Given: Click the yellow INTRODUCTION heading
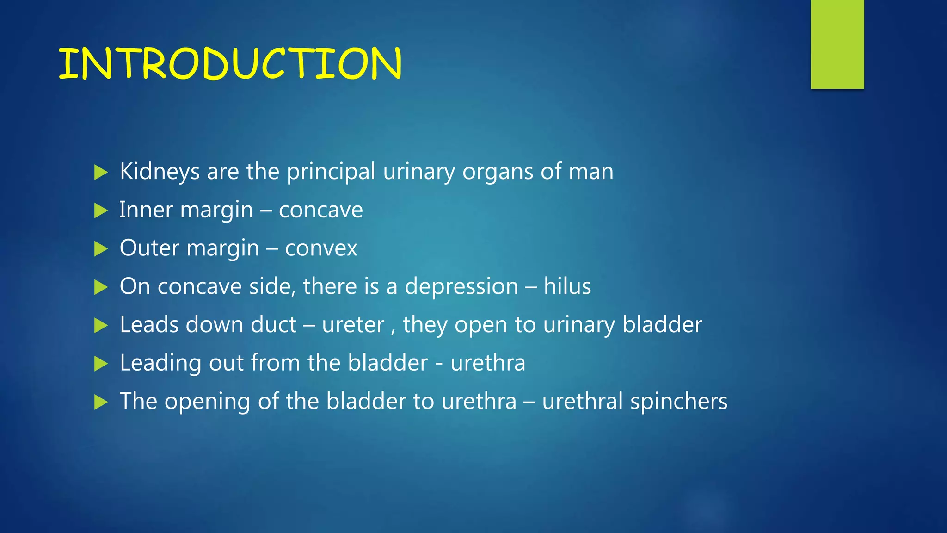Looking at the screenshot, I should point(230,63).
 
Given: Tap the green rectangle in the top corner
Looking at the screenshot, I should point(837,44).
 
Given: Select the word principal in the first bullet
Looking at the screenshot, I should point(331,172).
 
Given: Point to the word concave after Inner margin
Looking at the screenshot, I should point(320,211).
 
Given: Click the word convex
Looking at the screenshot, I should point(321,249).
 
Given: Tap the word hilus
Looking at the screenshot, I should point(567,286).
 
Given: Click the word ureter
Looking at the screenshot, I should point(353,325).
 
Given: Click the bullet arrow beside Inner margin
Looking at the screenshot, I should point(100,211).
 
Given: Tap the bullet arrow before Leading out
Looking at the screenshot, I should point(100,364).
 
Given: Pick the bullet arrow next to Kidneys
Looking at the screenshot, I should point(100,173).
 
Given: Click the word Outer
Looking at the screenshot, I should point(149,248).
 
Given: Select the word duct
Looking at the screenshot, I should point(273,324).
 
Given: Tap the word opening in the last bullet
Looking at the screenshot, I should point(207,402).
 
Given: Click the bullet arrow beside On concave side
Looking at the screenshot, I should point(100,287).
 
